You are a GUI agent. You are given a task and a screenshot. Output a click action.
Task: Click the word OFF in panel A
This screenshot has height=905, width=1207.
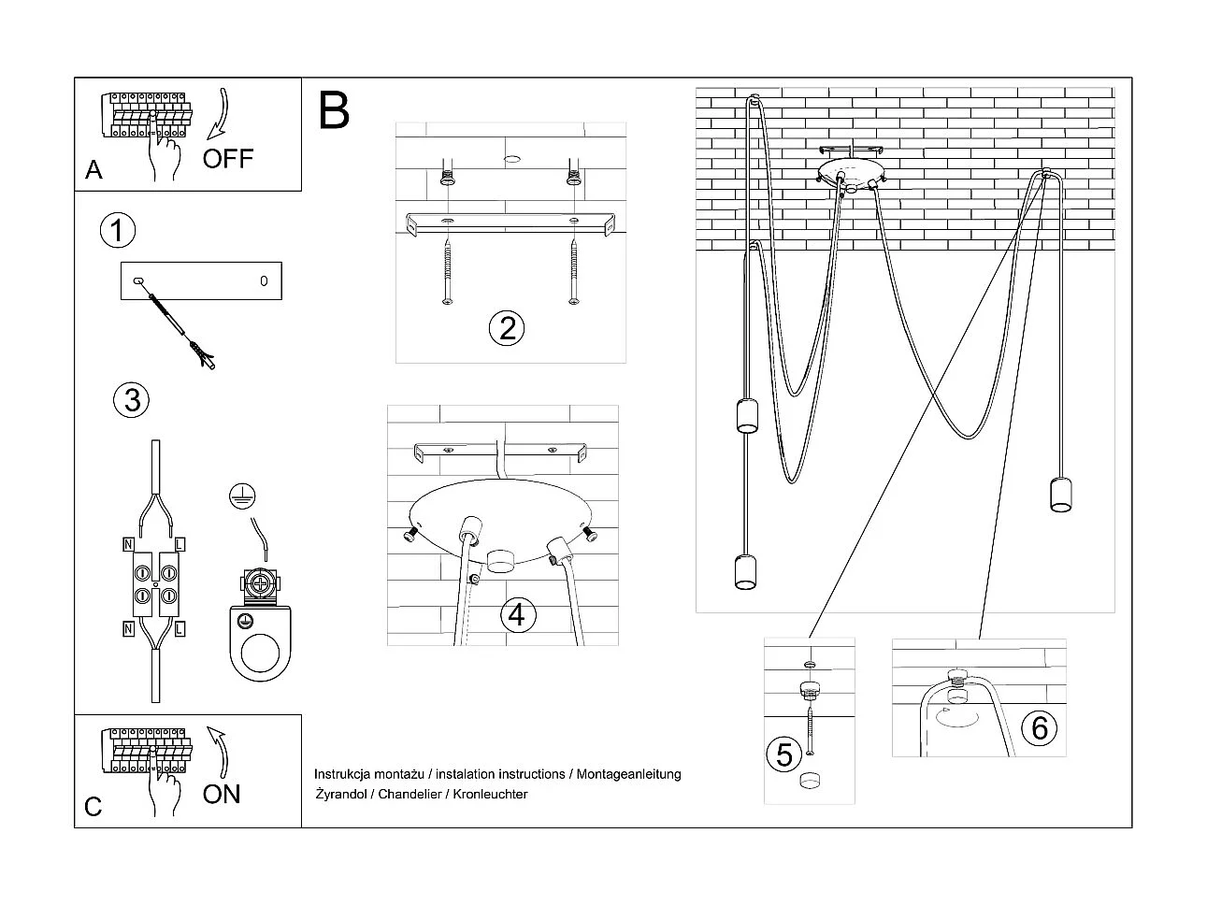coord(227,158)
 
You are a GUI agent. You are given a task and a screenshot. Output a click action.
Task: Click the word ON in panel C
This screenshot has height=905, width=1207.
coord(222,794)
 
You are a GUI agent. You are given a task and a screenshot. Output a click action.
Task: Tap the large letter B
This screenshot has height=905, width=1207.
coord(334,110)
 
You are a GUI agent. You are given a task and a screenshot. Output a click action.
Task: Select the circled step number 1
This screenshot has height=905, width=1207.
coord(118,230)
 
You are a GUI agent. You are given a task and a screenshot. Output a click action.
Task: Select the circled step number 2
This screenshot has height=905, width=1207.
coord(507,328)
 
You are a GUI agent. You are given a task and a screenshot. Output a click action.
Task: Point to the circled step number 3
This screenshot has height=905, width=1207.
coord(132,399)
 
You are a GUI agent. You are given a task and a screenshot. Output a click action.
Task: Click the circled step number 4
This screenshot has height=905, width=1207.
coord(518,614)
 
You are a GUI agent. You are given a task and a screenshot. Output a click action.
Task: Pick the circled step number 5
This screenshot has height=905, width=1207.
coord(784,754)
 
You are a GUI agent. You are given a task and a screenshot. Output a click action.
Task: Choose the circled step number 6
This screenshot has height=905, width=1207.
coord(1039,726)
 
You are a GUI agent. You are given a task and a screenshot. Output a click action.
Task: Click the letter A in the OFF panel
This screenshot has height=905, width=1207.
coord(93,170)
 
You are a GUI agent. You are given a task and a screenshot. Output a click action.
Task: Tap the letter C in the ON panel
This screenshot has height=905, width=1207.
coord(93,807)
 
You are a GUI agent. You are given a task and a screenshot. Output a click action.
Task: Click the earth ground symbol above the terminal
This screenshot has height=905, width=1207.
coord(242,497)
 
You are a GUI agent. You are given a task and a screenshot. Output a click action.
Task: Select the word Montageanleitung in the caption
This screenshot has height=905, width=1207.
coord(628,774)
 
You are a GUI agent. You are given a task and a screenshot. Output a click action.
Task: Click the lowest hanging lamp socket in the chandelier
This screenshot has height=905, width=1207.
coord(745,572)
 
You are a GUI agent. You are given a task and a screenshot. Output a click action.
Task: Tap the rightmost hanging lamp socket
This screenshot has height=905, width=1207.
coord(1058,495)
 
